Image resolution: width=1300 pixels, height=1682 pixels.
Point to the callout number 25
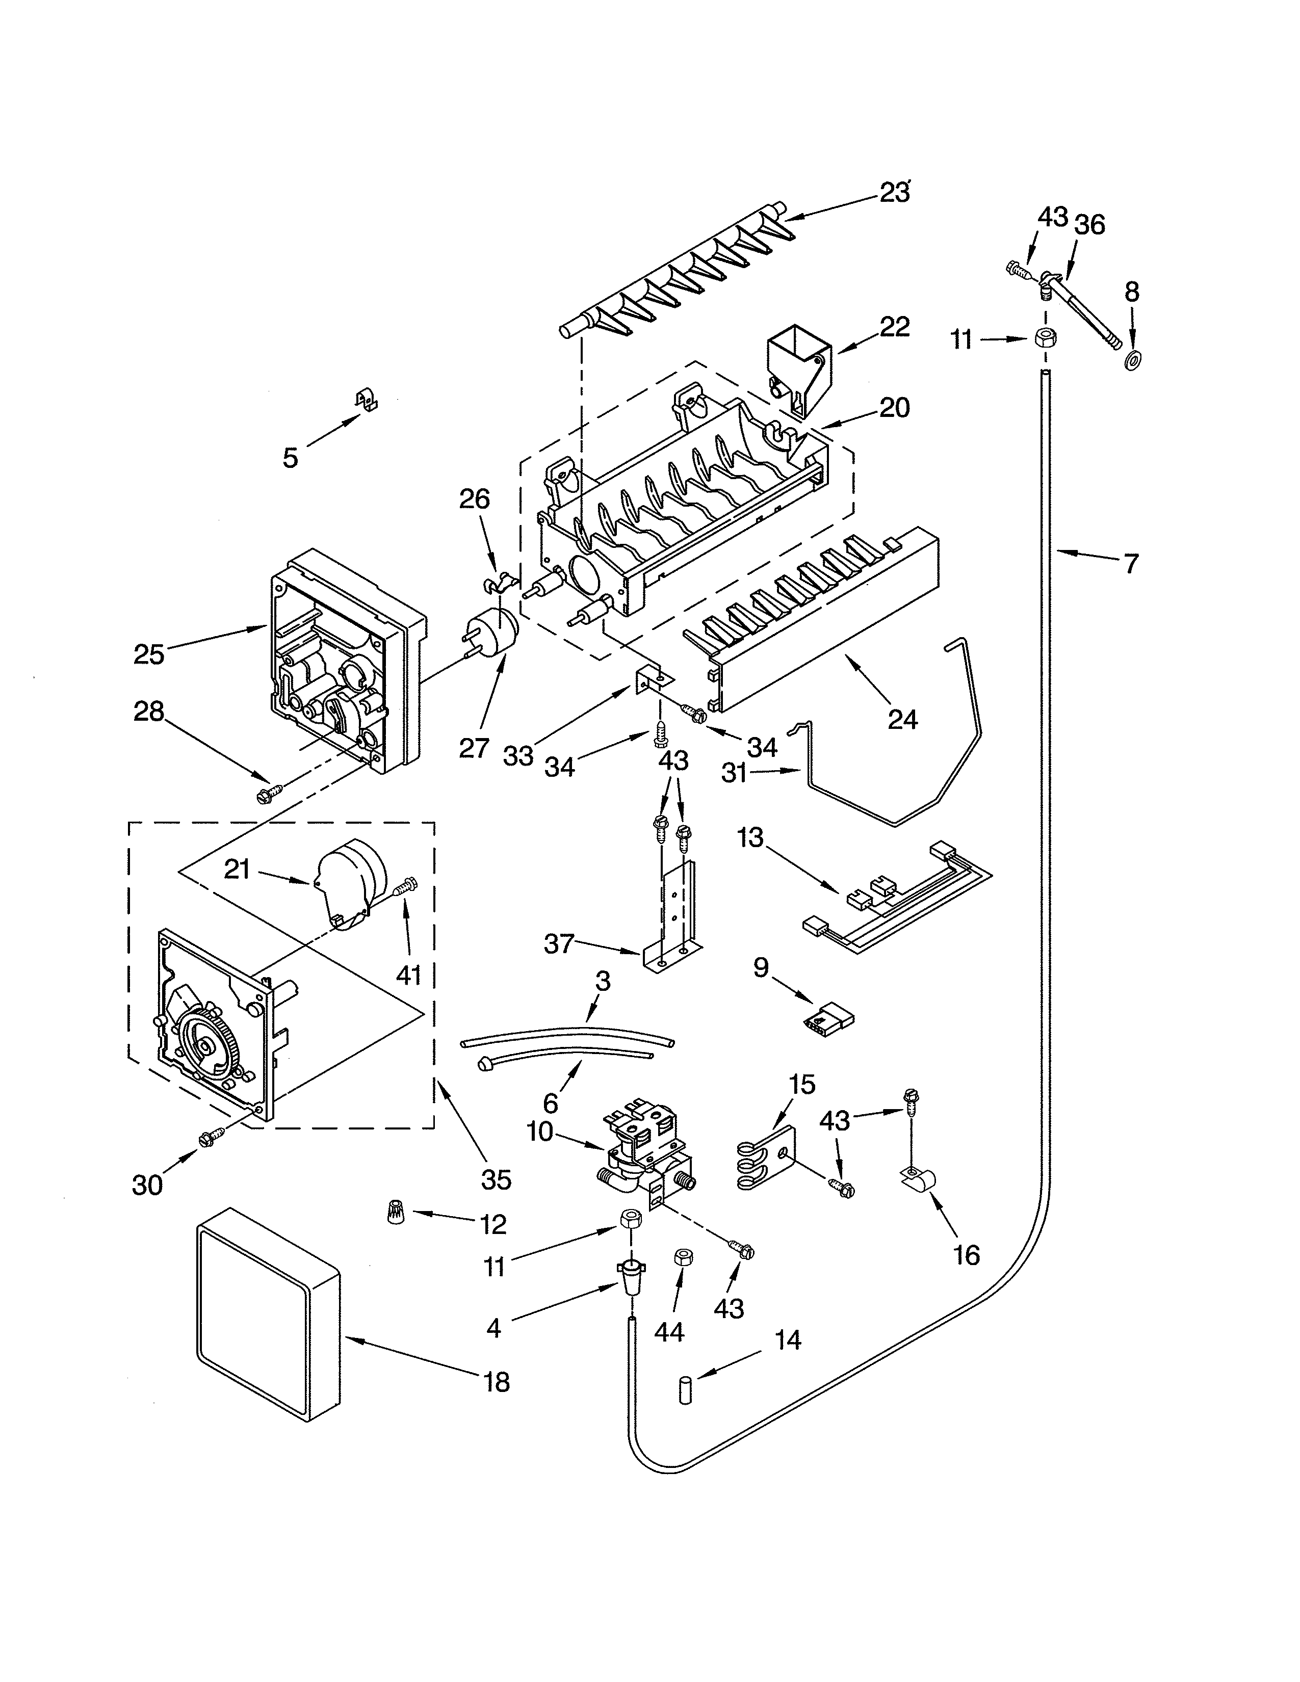point(149,654)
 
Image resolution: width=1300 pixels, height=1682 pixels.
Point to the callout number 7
point(1129,565)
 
